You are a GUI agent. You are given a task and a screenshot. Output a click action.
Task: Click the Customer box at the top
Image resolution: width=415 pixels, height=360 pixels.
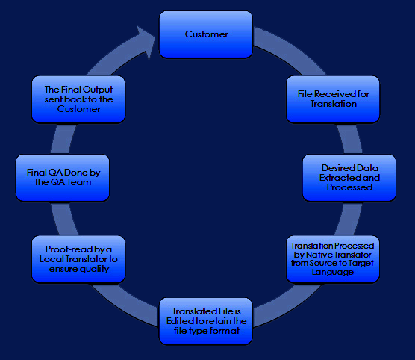[206, 34]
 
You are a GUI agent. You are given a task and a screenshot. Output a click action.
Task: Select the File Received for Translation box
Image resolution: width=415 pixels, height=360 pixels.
[333, 99]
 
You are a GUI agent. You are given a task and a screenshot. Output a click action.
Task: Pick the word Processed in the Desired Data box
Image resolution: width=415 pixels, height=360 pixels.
[349, 187]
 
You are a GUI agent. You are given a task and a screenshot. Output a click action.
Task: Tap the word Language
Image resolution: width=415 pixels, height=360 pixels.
[333, 272]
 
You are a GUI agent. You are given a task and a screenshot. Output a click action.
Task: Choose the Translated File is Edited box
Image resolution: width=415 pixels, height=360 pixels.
[206, 321]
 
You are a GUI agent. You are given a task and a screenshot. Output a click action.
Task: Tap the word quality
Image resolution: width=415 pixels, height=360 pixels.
[94, 269]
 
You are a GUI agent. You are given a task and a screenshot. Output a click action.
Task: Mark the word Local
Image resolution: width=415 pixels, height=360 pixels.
[52, 259]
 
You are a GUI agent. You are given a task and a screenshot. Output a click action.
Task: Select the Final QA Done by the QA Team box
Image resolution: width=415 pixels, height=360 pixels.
[63, 178]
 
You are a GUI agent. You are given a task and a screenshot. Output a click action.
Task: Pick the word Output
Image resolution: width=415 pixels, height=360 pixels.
[98, 90]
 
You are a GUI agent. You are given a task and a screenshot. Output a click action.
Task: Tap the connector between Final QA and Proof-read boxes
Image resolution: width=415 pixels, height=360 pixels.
[63, 219]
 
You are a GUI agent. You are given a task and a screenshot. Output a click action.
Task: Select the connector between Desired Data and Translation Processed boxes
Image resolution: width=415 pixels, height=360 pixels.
[349, 219]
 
